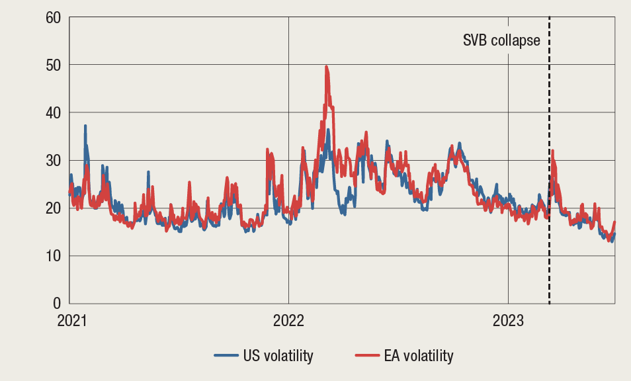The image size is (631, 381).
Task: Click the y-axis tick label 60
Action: click(x=52, y=17)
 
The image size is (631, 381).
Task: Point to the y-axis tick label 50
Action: click(x=52, y=65)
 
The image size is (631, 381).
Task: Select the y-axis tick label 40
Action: click(x=52, y=112)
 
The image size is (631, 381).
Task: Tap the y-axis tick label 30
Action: click(x=52, y=160)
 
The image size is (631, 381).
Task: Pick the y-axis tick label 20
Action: click(x=52, y=208)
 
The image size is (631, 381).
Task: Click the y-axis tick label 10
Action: click(x=52, y=255)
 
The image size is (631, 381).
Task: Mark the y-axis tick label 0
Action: click(x=56, y=303)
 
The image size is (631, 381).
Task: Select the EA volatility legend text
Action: click(x=419, y=356)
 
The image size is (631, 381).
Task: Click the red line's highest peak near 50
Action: click(x=327, y=67)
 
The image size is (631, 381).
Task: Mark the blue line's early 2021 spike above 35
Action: click(x=85, y=126)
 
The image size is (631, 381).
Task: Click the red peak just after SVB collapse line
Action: click(x=552, y=151)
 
